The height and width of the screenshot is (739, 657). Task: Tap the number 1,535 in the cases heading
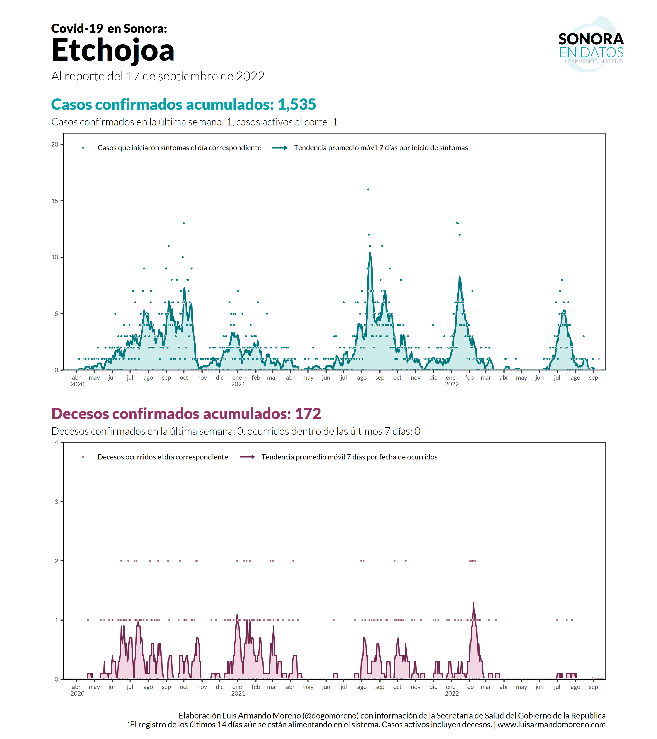coord(297,105)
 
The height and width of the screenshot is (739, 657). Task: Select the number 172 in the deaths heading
coord(308,414)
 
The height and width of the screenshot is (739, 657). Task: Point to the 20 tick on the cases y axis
coord(55,144)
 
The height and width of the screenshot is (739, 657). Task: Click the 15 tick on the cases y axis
coord(55,201)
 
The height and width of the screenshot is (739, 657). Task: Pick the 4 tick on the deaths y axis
coord(56,442)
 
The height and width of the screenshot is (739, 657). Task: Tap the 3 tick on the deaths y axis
coord(56,501)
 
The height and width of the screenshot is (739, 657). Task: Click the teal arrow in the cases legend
coord(280,147)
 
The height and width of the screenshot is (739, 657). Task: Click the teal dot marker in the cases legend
coord(83,147)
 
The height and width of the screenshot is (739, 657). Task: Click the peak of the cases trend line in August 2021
coord(370,253)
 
